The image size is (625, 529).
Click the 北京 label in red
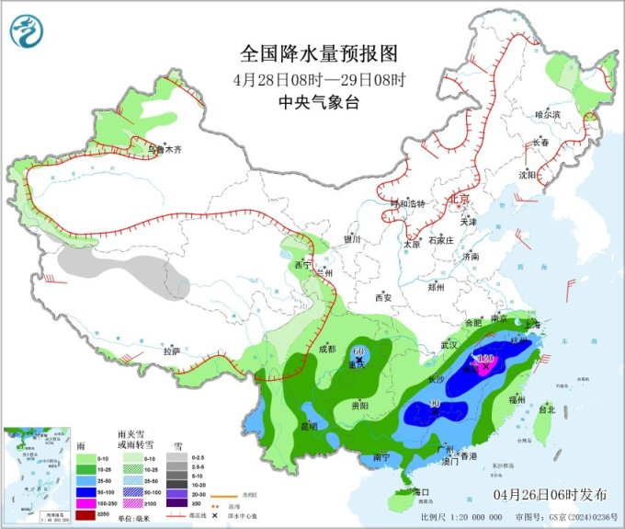pyautogui.click(x=457, y=199)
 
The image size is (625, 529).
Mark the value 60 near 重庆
pyautogui.click(x=358, y=351)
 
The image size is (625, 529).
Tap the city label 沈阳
pyautogui.click(x=526, y=174)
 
